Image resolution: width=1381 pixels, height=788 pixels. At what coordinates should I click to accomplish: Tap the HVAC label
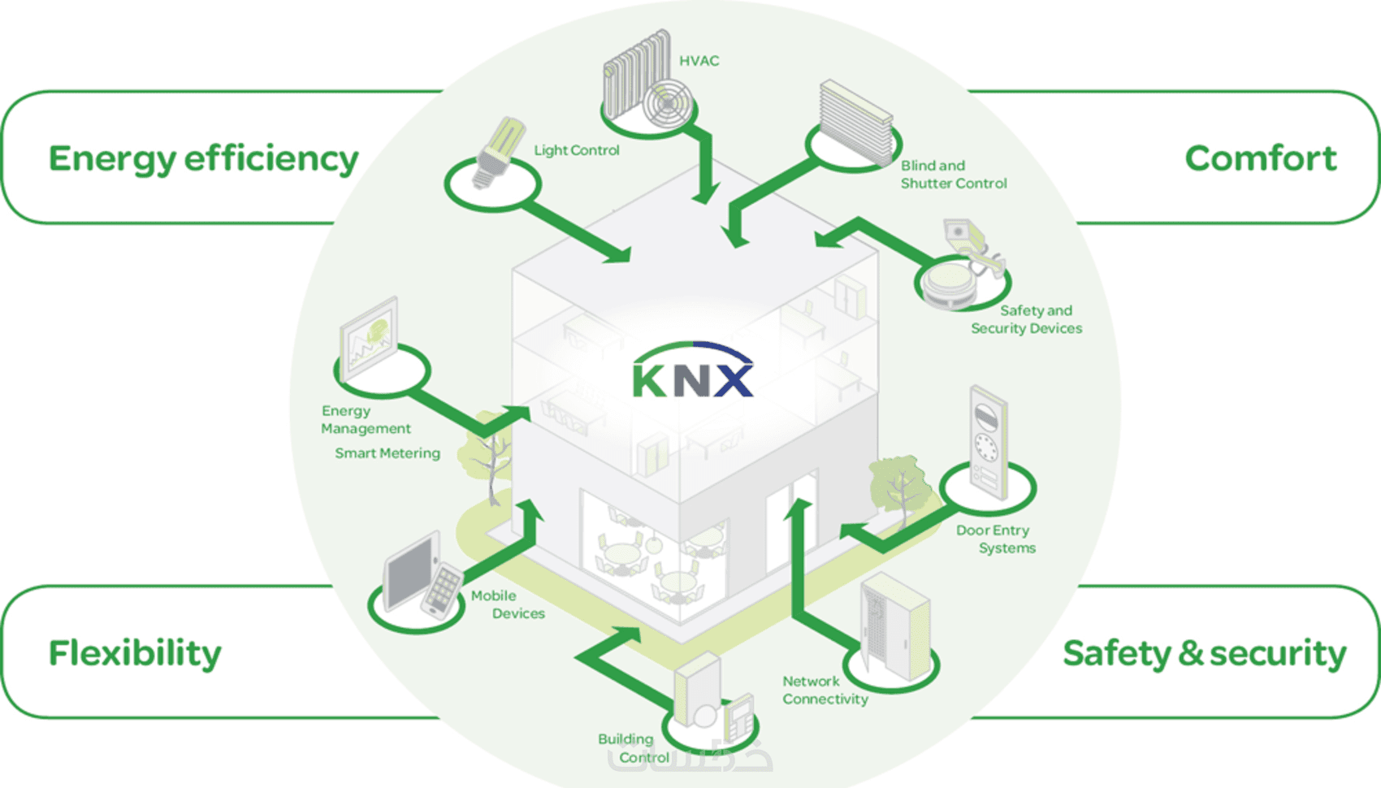point(699,61)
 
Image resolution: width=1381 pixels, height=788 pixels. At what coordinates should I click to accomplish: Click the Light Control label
point(576,150)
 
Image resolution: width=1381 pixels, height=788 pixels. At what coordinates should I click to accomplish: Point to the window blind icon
point(855,122)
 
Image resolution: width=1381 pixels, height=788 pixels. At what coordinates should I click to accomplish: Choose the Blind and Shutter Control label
point(953,175)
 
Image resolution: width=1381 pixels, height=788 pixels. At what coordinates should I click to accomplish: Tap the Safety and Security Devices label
point(1027,319)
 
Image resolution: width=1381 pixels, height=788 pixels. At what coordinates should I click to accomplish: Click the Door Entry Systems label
point(995,539)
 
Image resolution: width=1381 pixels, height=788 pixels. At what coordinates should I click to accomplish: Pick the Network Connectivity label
point(825,690)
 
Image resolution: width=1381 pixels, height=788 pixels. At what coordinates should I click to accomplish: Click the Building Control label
point(633,748)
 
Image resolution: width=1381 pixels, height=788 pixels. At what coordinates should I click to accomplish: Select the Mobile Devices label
point(507,604)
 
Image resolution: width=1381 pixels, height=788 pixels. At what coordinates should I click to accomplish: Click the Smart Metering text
point(387,453)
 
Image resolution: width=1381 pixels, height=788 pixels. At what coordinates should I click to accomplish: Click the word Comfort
point(1260,158)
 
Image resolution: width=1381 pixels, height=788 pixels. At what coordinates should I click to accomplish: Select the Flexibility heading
point(135,653)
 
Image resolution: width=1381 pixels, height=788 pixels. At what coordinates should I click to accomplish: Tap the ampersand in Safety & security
point(1190,653)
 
